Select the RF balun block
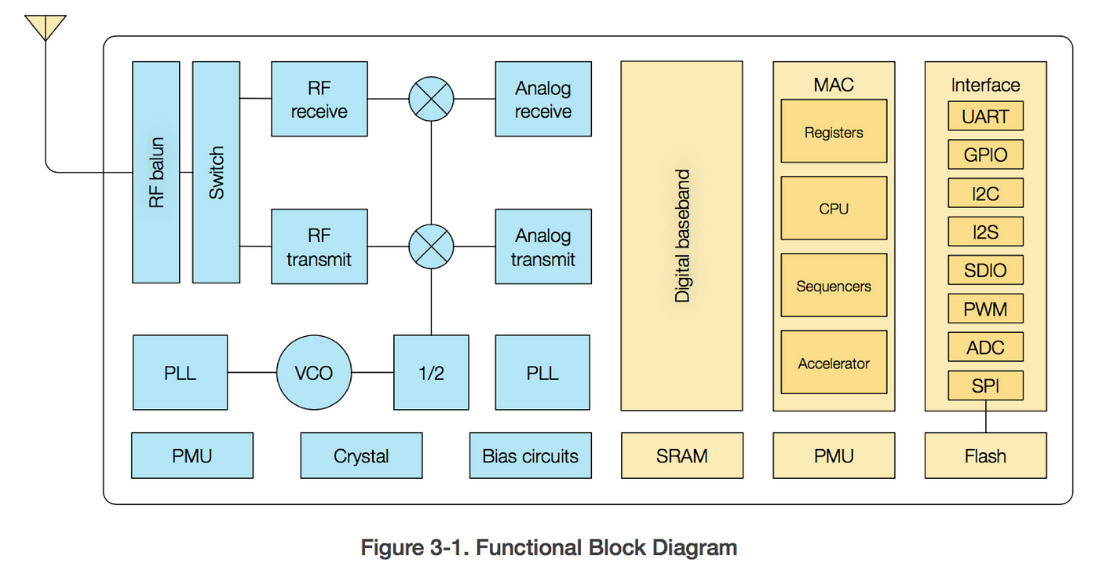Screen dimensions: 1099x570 156,172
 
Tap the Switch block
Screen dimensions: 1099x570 216,172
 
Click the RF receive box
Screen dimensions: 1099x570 319,99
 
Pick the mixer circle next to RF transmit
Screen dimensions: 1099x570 431,247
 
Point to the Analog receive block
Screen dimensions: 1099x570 543,99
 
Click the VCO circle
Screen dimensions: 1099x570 314,372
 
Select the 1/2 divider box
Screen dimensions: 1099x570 431,372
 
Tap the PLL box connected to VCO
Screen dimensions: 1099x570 180,372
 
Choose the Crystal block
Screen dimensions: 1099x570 362,455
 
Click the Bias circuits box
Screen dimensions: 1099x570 531,455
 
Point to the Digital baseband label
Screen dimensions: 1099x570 682,236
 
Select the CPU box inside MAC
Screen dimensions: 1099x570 834,208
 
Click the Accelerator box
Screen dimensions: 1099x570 834,362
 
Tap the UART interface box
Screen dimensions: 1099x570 986,115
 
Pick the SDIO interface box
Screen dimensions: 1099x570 986,270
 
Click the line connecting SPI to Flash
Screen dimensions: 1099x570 986,416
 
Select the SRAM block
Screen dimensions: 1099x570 682,455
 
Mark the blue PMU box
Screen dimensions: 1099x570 192,455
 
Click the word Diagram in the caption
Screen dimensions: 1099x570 695,547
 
